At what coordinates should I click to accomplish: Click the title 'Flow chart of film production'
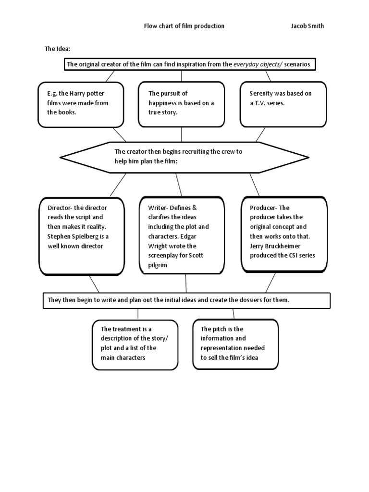click(x=184, y=26)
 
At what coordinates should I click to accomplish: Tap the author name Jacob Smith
click(x=307, y=26)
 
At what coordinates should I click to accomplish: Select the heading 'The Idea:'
click(x=58, y=49)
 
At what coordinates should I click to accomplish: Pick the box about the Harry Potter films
click(x=80, y=104)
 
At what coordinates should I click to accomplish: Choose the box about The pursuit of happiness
click(x=181, y=104)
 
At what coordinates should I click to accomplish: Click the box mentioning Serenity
click(x=283, y=104)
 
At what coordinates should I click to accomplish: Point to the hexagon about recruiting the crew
click(x=184, y=157)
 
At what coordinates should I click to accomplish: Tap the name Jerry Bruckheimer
click(x=276, y=246)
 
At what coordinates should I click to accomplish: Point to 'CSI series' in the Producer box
click(x=300, y=255)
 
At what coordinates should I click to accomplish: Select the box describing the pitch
click(x=235, y=344)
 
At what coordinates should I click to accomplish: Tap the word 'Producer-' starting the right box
click(x=263, y=208)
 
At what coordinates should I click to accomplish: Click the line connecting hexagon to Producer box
click(x=254, y=184)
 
